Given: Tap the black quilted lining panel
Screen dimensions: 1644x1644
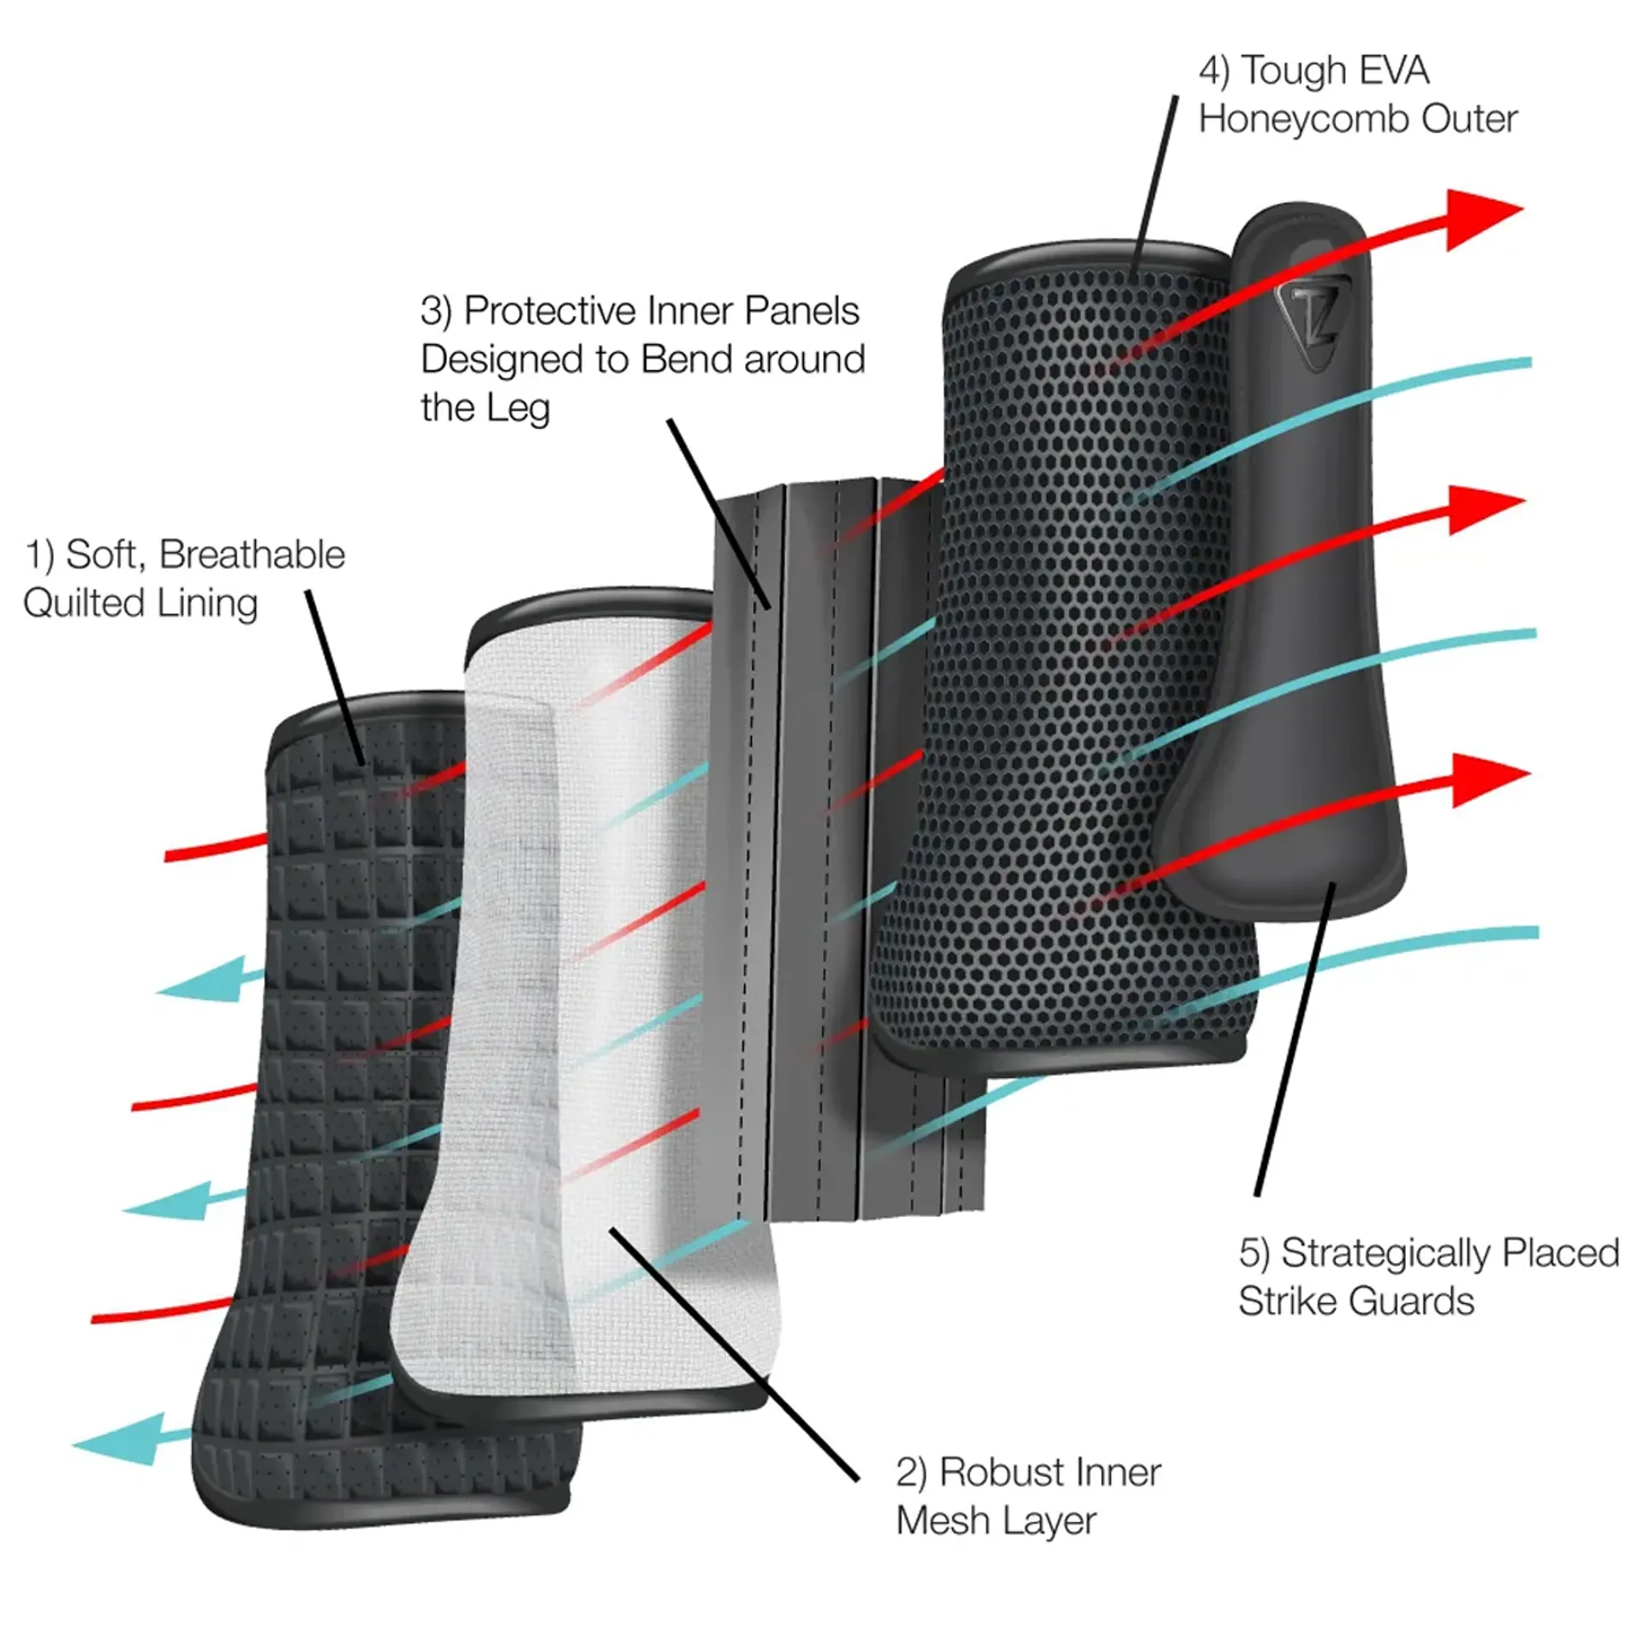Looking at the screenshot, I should click(342, 1113).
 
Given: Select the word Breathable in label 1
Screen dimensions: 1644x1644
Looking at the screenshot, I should click(252, 555).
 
